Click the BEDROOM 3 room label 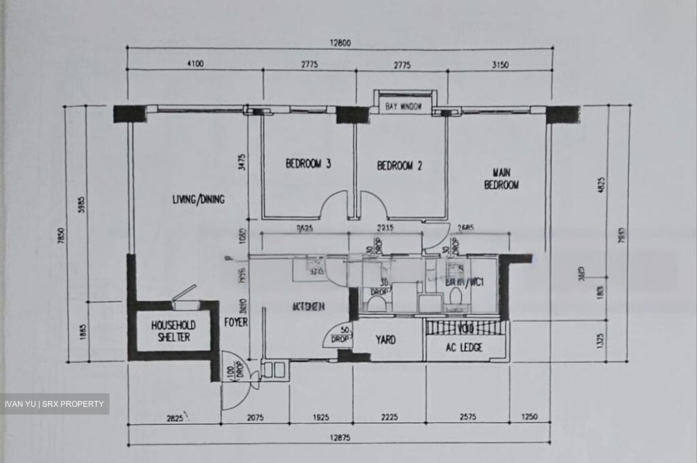pos(308,164)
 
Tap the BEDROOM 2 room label pos(399,166)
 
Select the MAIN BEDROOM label pos(501,178)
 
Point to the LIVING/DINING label pos(198,199)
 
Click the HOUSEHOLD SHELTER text pos(173,331)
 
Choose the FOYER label pos(236,322)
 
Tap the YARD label pos(386,340)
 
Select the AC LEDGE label pos(464,347)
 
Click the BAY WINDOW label pos(404,107)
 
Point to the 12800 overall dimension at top pos(340,43)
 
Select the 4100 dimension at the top pos(195,64)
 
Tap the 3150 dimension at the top pos(500,64)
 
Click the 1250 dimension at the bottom pos(529,417)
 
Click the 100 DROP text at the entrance pos(235,370)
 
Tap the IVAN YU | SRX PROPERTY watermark pos(55,404)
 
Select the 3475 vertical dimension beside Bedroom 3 pos(242,164)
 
